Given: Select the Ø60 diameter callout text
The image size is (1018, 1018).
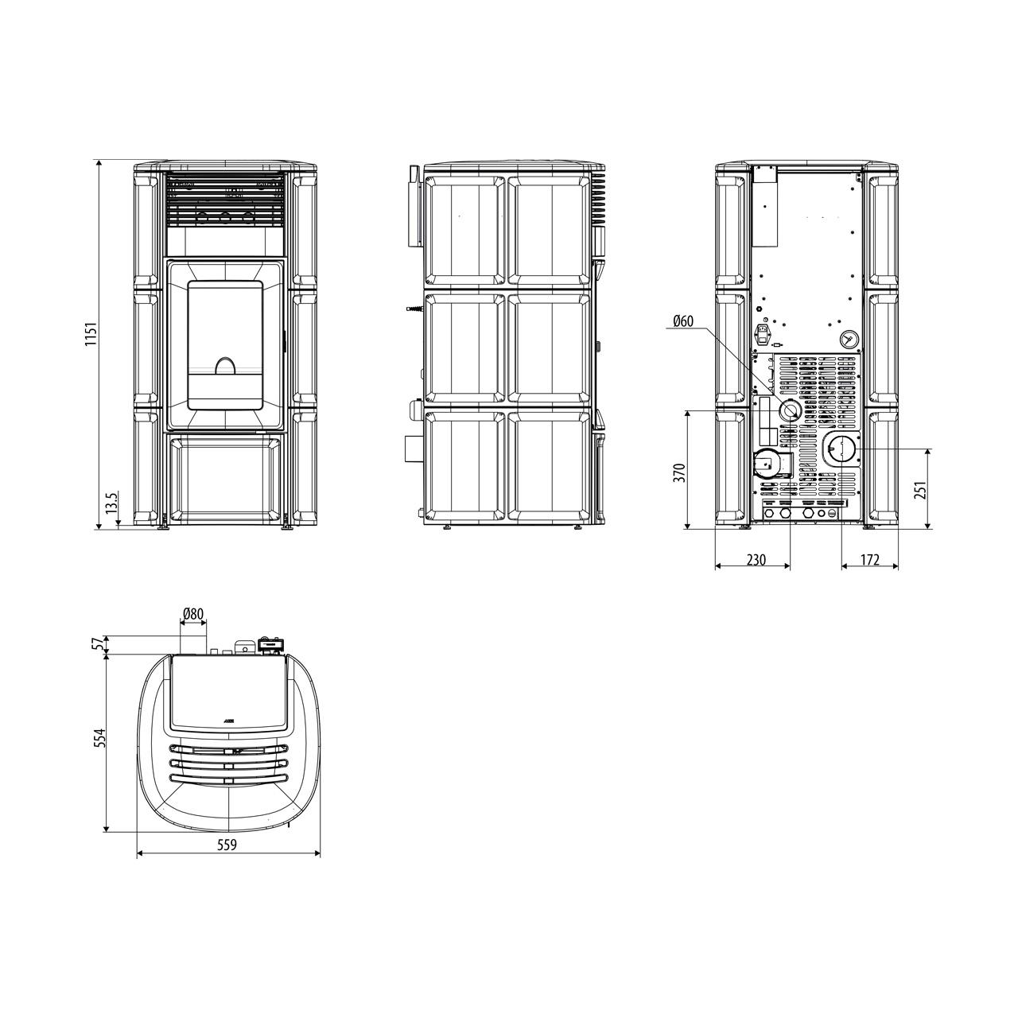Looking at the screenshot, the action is point(683,321).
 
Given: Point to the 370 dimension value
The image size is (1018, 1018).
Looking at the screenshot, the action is point(681,472).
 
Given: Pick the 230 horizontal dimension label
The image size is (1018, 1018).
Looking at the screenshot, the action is point(756,559).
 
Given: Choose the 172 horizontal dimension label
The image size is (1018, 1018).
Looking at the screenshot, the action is point(869,559).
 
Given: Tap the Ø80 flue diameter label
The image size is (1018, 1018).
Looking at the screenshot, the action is point(192,613).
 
